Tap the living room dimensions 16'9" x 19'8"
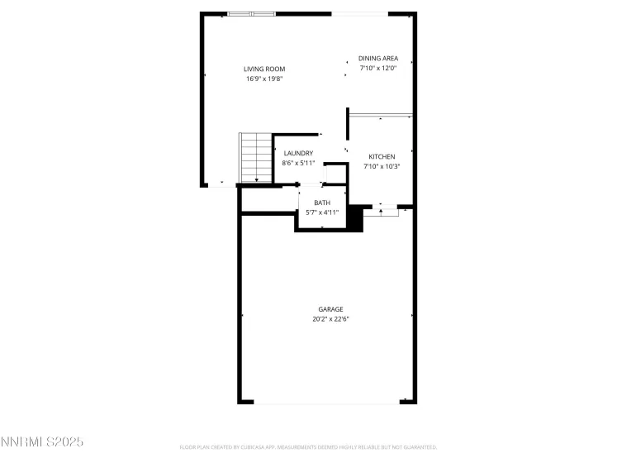pyautogui.click(x=264, y=79)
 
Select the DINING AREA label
pyautogui.click(x=378, y=58)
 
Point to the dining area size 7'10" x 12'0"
pyautogui.click(x=378, y=69)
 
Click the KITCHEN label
pyautogui.click(x=382, y=156)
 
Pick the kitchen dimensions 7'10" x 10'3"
pyautogui.click(x=382, y=167)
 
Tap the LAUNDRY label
pyautogui.click(x=297, y=153)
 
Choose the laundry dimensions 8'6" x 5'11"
pyautogui.click(x=298, y=163)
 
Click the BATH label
pyautogui.click(x=322, y=203)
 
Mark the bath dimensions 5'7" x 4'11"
pyautogui.click(x=322, y=212)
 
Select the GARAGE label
pyautogui.click(x=331, y=309)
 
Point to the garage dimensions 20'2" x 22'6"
pyautogui.click(x=331, y=319)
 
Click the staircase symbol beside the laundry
pyautogui.click(x=255, y=158)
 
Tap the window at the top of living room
pyautogui.click(x=252, y=13)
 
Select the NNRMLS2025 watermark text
pyautogui.click(x=42, y=442)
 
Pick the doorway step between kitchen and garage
pyautogui.click(x=381, y=212)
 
